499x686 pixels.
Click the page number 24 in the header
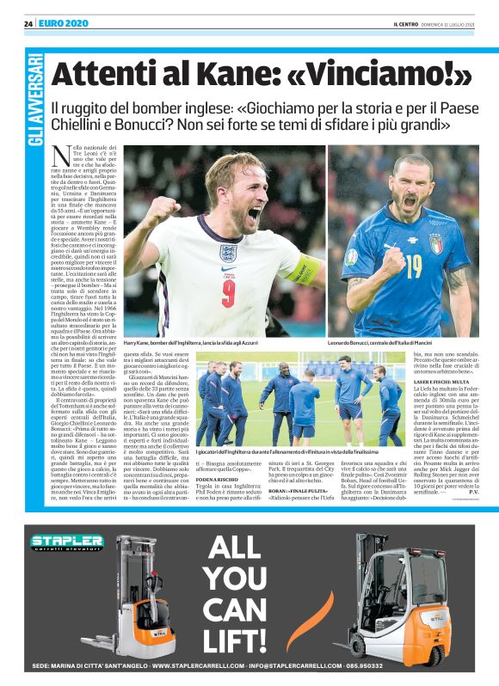coord(28,23)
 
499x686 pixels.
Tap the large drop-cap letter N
coord(62,158)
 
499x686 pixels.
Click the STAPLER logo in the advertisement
coord(68,542)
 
